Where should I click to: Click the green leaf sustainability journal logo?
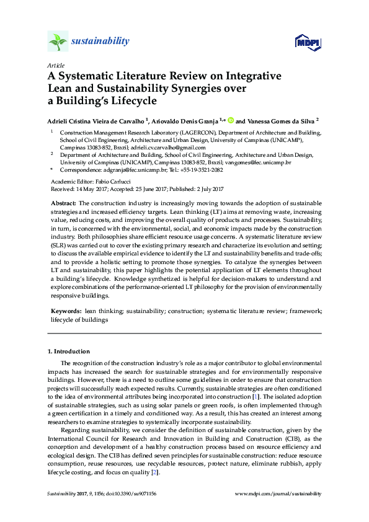click(58, 42)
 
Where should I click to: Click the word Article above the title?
click(55, 65)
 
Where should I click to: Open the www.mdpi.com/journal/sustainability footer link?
click(279, 494)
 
